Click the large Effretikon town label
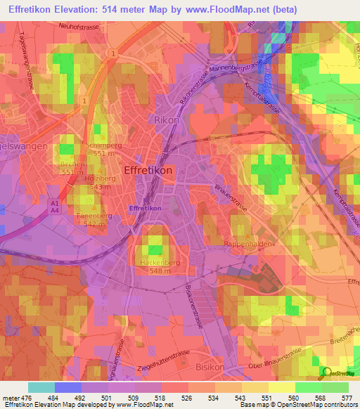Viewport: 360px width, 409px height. pyautogui.click(x=148, y=170)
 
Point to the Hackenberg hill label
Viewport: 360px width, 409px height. pyautogui.click(x=156, y=262)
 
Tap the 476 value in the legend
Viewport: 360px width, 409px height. pyautogui.click(x=25, y=397)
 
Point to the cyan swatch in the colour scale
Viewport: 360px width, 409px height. pyautogui.click(x=41, y=387)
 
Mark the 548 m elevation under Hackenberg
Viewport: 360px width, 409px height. pyautogui.click(x=155, y=271)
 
